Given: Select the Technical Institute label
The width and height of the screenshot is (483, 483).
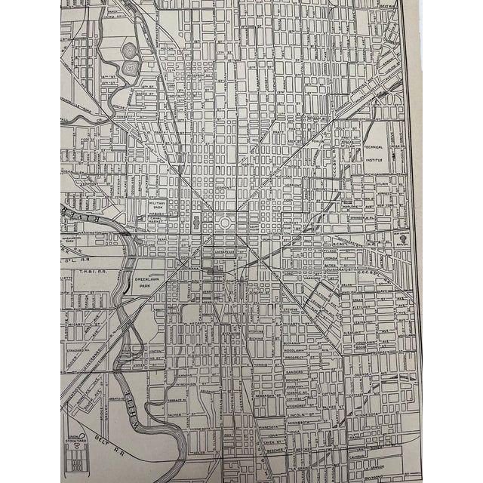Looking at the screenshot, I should click(x=374, y=155).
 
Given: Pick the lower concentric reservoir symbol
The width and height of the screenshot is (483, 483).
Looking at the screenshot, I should click(x=130, y=68).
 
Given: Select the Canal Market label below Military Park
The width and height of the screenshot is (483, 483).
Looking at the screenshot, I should click(x=156, y=220).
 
